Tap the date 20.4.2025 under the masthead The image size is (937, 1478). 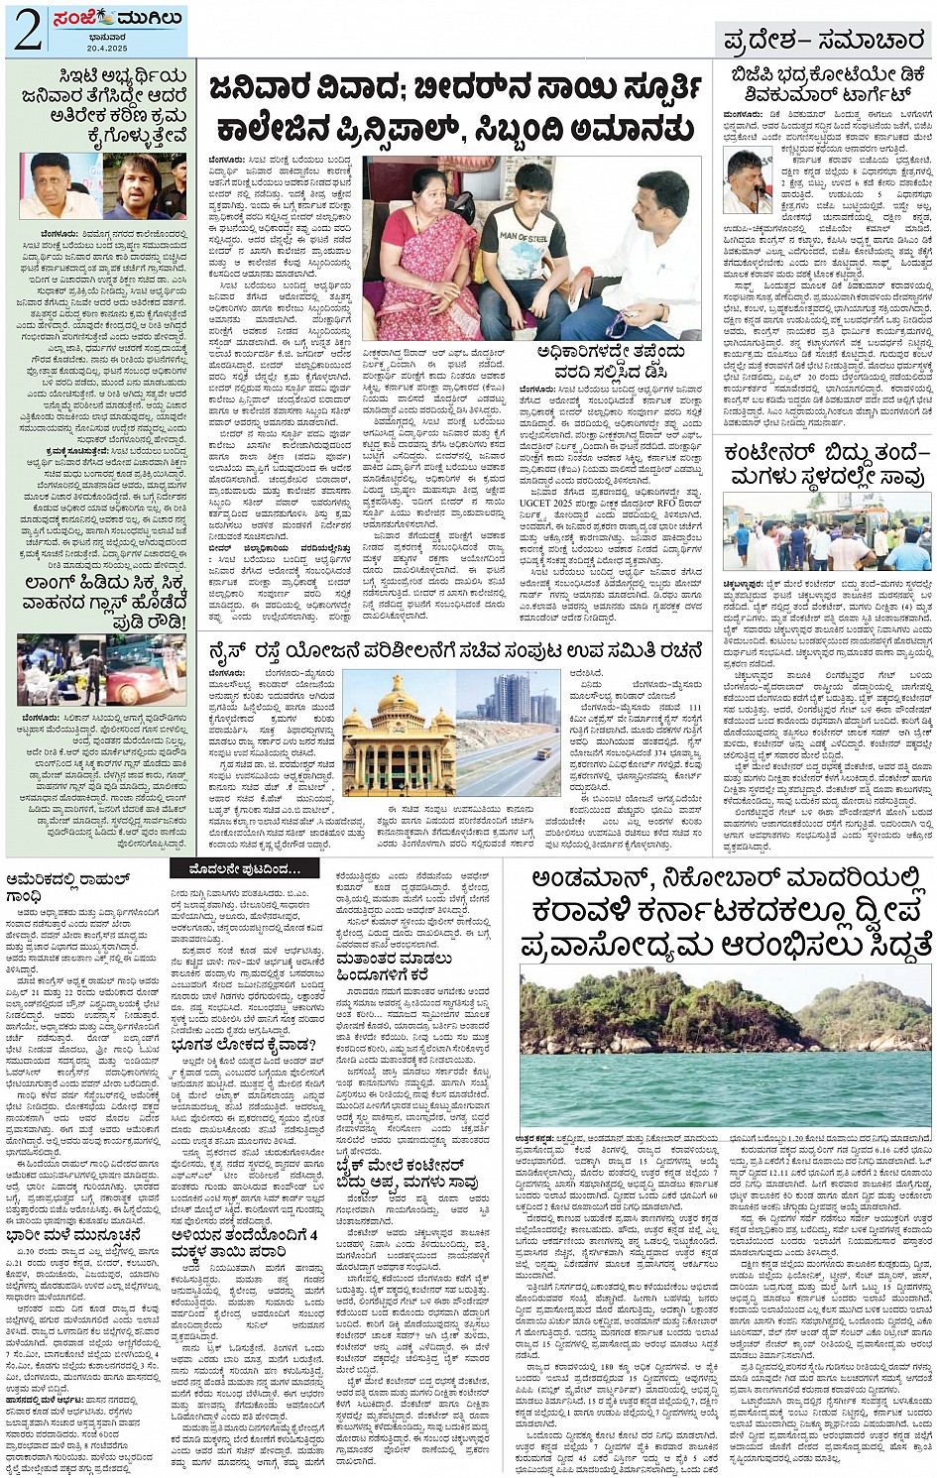click(x=106, y=47)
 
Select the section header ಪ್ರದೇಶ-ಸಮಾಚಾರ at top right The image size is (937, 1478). click(x=823, y=41)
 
